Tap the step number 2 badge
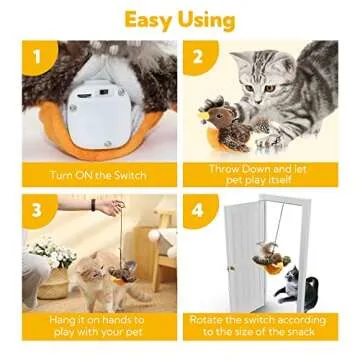[x=198, y=57]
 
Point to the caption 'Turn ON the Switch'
[x=98, y=174]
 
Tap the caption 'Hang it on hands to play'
[x=98, y=326]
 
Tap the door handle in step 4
[x=231, y=267]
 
